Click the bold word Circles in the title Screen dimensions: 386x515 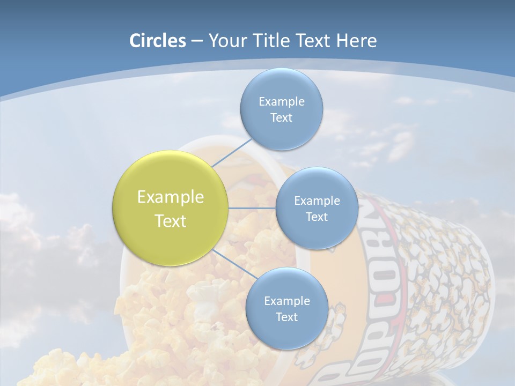(x=158, y=41)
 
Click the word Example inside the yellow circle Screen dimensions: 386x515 (x=171, y=197)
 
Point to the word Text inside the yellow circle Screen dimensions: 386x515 (x=171, y=221)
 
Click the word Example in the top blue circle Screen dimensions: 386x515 (x=281, y=101)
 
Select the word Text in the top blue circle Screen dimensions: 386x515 (x=281, y=118)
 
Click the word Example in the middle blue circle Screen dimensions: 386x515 (x=317, y=201)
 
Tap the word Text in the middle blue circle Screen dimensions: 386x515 (x=317, y=217)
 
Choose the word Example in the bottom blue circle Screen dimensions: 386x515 (x=286, y=301)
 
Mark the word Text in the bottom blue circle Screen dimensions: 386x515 (x=286, y=317)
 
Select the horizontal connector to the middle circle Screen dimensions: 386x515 (x=252, y=208)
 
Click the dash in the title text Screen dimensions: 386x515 (x=197, y=41)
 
